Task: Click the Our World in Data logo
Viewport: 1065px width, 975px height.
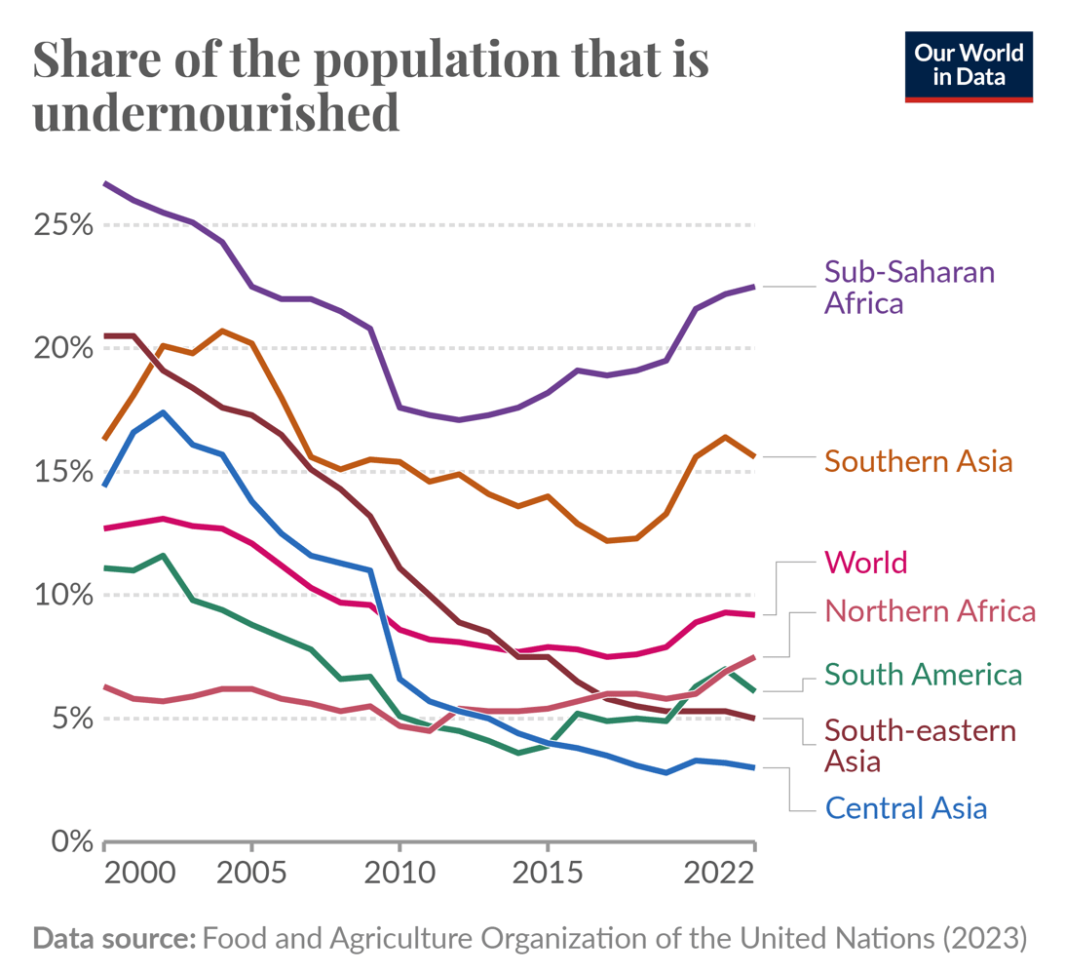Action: pyautogui.click(x=969, y=66)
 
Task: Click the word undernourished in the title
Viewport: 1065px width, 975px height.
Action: pyautogui.click(x=216, y=112)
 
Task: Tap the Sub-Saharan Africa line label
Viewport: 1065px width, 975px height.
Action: pyautogui.click(x=909, y=286)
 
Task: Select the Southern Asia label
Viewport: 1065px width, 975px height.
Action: pyautogui.click(x=918, y=460)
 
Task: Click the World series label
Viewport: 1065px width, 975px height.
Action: pyautogui.click(x=865, y=563)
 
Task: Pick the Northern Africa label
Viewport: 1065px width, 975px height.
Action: pyautogui.click(x=929, y=611)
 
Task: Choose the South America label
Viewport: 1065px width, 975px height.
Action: pyautogui.click(x=923, y=674)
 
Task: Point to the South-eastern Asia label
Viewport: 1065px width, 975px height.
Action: pyautogui.click(x=920, y=745)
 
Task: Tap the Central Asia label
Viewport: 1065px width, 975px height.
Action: pyautogui.click(x=905, y=807)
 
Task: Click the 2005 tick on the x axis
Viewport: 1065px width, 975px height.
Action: pyautogui.click(x=251, y=871)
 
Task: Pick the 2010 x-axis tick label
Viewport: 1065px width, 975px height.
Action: pyautogui.click(x=399, y=871)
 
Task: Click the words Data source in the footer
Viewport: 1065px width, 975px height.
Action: pyautogui.click(x=115, y=939)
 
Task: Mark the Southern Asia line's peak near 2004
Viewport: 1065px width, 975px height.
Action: pyautogui.click(x=222, y=331)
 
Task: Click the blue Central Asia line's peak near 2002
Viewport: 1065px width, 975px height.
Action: pyautogui.click(x=164, y=411)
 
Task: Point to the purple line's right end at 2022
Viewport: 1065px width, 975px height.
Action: pyautogui.click(x=754, y=286)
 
